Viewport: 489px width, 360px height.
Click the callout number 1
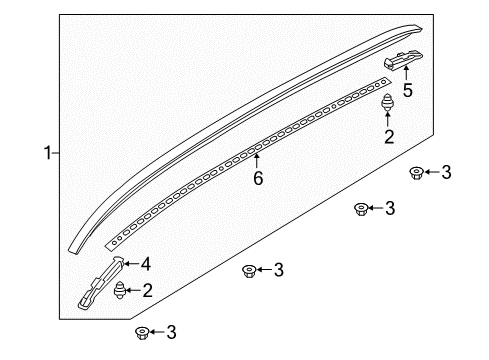(48, 153)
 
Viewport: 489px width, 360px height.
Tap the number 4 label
(145, 264)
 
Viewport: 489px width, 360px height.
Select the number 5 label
(408, 90)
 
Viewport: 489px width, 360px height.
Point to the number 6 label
(258, 178)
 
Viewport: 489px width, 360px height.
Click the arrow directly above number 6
(257, 161)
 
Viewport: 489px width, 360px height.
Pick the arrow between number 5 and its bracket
(406, 73)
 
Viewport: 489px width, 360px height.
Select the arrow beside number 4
(131, 264)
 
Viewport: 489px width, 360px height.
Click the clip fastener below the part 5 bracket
(387, 103)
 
